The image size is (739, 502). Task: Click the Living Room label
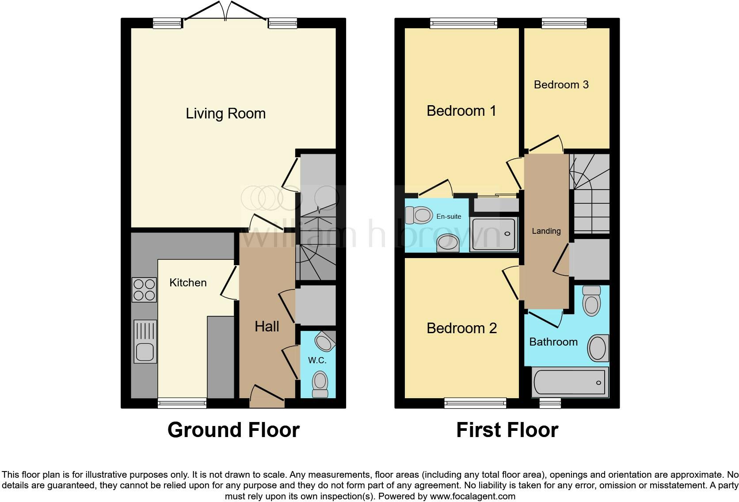(225, 114)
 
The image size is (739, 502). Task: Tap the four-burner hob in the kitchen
(144, 289)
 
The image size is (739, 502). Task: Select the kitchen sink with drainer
(145, 341)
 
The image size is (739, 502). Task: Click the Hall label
(267, 327)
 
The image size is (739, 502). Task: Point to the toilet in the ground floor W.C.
(320, 384)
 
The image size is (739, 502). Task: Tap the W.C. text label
(317, 361)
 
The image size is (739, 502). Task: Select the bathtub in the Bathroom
(570, 382)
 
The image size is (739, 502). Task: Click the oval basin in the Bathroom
(598, 348)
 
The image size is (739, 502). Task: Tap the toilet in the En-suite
(419, 216)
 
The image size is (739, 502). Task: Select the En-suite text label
(449, 217)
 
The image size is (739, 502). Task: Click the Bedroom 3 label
(561, 85)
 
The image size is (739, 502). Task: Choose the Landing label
(546, 231)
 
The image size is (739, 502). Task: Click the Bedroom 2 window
(475, 402)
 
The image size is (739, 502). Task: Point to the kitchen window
(182, 403)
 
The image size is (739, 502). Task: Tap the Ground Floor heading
(233, 430)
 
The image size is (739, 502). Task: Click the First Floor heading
(507, 430)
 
